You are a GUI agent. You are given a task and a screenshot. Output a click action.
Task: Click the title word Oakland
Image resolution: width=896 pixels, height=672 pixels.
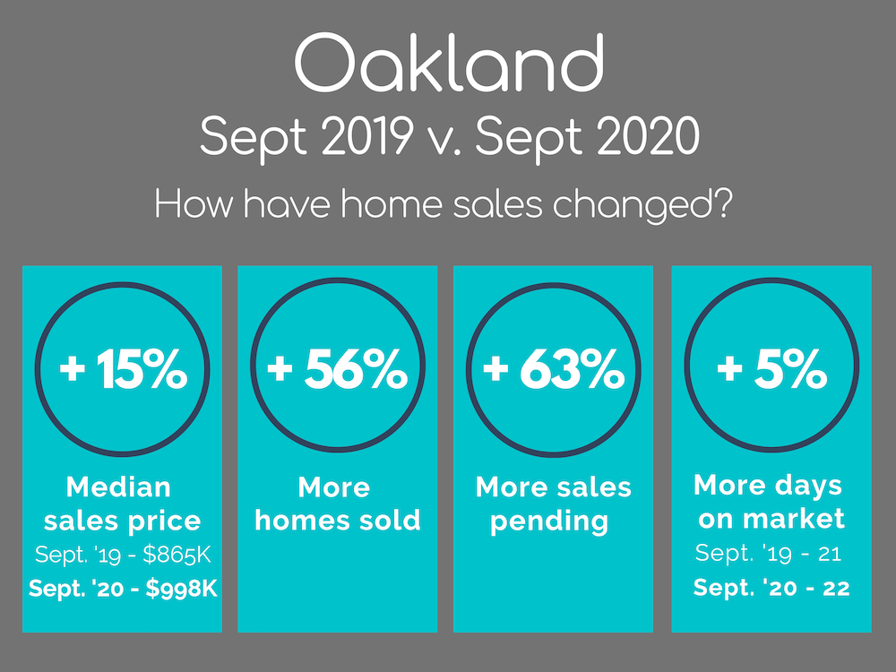click(449, 62)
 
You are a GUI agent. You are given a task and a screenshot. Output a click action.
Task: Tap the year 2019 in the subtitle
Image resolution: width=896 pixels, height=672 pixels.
click(366, 136)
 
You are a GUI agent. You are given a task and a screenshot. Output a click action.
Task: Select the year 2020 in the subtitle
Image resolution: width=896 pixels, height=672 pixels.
click(648, 136)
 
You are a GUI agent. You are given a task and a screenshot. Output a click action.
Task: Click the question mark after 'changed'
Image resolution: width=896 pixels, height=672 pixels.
click(723, 203)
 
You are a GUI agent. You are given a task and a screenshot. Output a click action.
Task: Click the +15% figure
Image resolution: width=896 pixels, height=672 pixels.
click(124, 369)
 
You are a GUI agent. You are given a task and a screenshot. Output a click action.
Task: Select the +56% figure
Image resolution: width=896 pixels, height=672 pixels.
click(338, 369)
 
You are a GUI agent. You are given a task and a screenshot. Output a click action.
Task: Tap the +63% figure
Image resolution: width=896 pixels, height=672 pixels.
click(553, 369)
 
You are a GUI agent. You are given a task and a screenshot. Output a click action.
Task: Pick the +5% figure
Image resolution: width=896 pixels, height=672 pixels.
click(771, 369)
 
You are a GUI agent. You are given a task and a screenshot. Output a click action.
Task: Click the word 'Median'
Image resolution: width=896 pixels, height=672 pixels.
click(118, 487)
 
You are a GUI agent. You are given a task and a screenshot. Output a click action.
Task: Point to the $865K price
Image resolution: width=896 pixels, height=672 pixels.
click(177, 555)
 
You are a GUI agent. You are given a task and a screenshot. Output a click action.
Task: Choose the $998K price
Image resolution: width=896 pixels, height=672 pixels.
click(182, 588)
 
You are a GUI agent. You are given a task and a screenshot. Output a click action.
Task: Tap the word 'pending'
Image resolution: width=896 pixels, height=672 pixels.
click(549, 522)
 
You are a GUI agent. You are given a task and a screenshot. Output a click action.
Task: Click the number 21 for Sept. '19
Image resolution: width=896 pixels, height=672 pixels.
click(830, 553)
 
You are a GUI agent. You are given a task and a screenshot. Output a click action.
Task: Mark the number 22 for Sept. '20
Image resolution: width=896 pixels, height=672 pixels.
click(837, 588)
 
